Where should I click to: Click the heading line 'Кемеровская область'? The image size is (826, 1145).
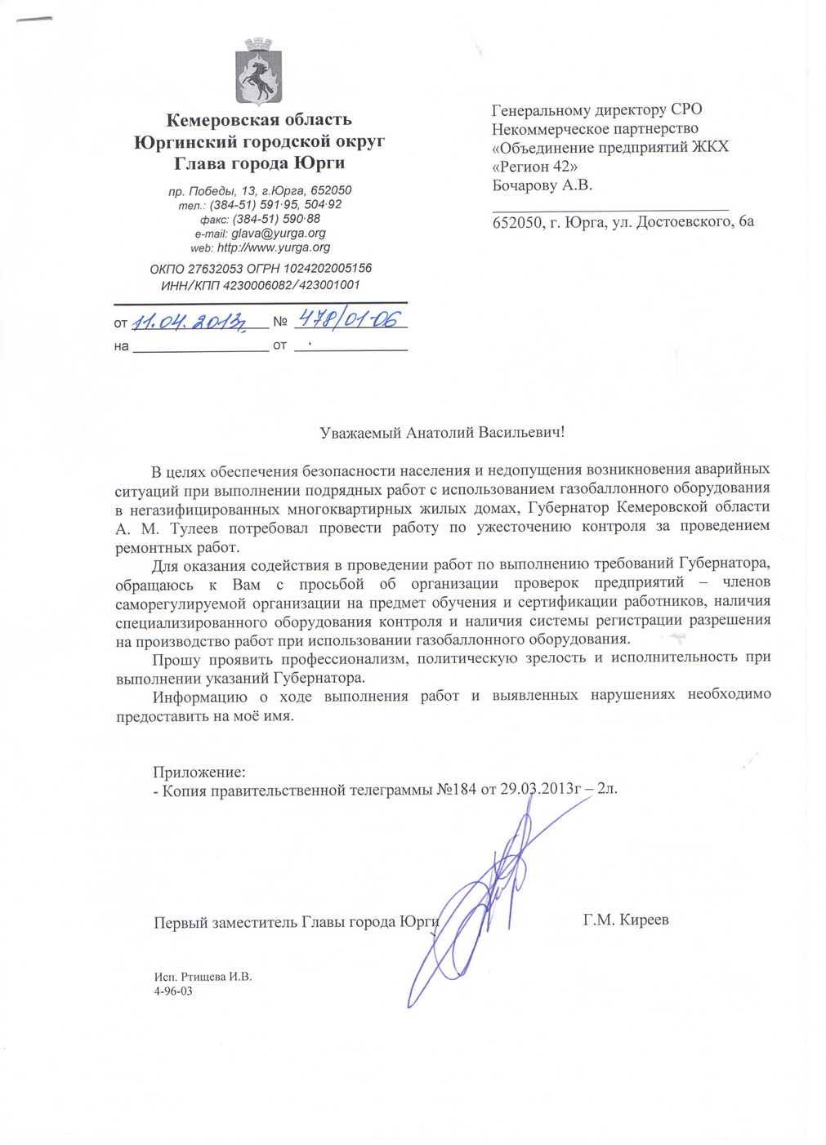pyautogui.click(x=259, y=120)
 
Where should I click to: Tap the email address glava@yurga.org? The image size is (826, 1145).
pyautogui.click(x=279, y=234)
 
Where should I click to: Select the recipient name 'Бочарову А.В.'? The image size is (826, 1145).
pyautogui.click(x=542, y=185)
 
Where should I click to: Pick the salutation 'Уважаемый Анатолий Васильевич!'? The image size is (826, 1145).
pyautogui.click(x=441, y=432)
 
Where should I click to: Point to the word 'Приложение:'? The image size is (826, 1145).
pyautogui.click(x=199, y=772)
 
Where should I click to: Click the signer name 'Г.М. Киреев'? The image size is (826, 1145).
pyautogui.click(x=626, y=920)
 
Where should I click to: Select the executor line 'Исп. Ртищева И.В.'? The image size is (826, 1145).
pyautogui.click(x=203, y=977)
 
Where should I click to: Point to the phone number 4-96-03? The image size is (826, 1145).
pyautogui.click(x=173, y=991)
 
